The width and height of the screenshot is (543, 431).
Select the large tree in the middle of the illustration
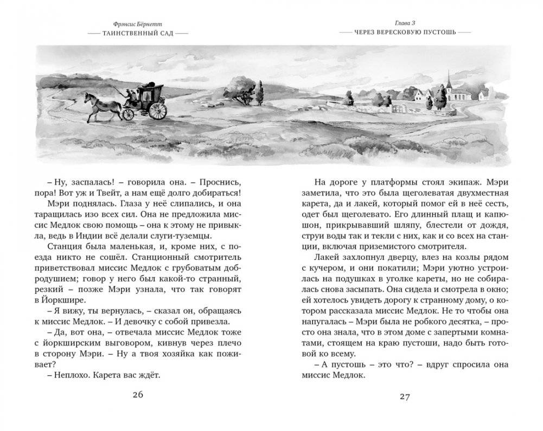[x=240, y=88]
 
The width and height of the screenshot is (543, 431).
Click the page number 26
[x=138, y=394]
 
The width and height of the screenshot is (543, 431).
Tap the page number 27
[x=405, y=396]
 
